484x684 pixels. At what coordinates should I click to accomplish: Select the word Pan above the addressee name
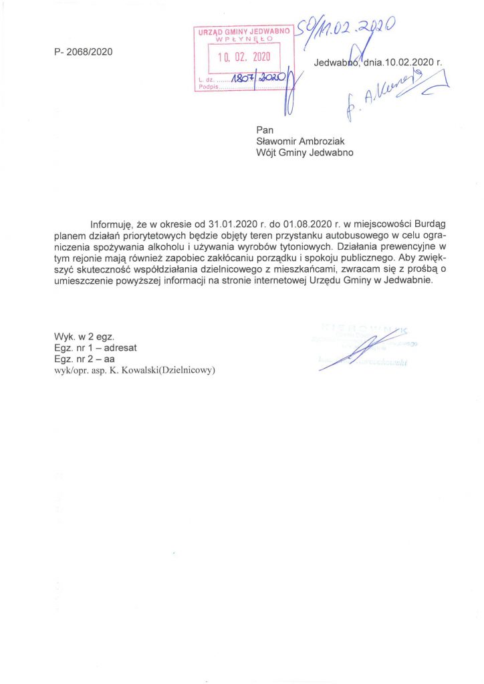pyautogui.click(x=265, y=129)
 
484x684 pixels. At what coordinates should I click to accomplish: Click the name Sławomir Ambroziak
pyautogui.click(x=301, y=140)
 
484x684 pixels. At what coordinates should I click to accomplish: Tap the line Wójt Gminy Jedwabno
pyautogui.click(x=305, y=152)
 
